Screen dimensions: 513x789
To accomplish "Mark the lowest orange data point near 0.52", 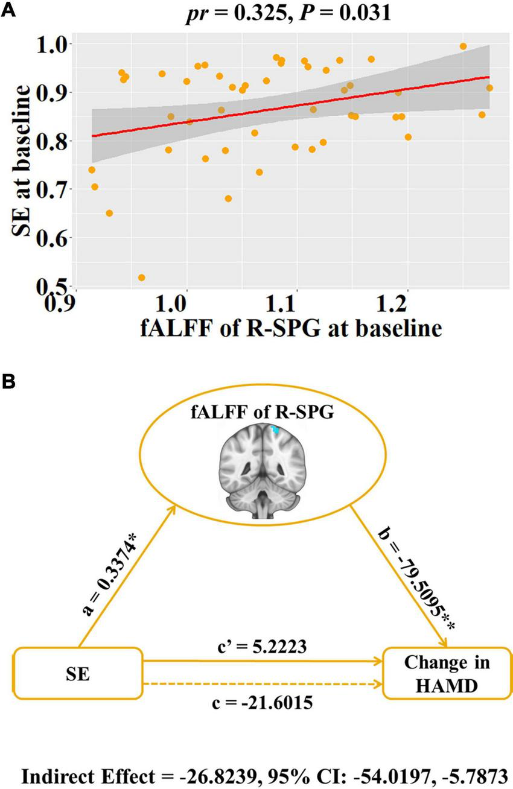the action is (142, 277).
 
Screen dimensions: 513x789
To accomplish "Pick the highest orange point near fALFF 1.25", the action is (463, 46).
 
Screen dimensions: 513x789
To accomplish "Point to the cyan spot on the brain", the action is (275, 430).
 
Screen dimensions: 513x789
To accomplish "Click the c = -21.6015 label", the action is (261, 703).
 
